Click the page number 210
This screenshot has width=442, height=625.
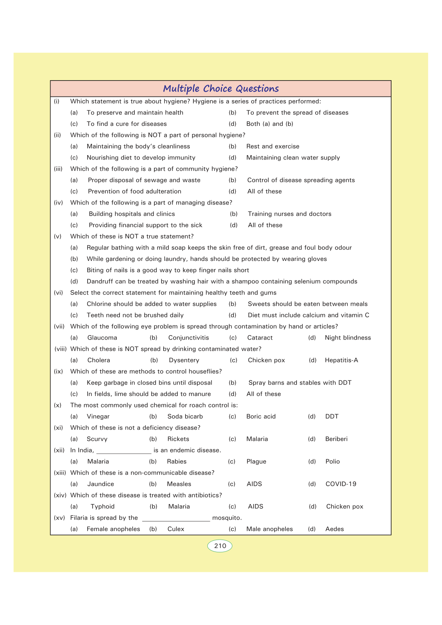(x=220, y=546)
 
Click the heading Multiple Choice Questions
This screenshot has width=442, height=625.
(x=221, y=89)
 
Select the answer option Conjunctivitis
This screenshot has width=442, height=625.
(x=189, y=338)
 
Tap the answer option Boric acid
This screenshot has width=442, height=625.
(x=261, y=416)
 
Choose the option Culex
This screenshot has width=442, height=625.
(x=176, y=529)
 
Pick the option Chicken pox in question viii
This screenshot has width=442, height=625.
(x=266, y=360)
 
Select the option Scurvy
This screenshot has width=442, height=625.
(x=97, y=439)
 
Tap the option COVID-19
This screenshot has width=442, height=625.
(x=341, y=484)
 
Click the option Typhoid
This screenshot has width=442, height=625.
(x=102, y=507)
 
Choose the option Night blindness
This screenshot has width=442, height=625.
(x=348, y=338)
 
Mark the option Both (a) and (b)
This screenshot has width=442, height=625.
(x=270, y=124)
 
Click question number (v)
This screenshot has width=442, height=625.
(x=58, y=236)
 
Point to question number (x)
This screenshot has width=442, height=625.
(x=58, y=405)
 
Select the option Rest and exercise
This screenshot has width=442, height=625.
(x=273, y=147)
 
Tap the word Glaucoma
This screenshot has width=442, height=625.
(x=102, y=338)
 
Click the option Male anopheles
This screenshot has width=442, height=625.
(x=269, y=529)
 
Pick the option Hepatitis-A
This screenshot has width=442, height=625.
(x=341, y=360)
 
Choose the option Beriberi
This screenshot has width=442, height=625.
(x=336, y=439)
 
